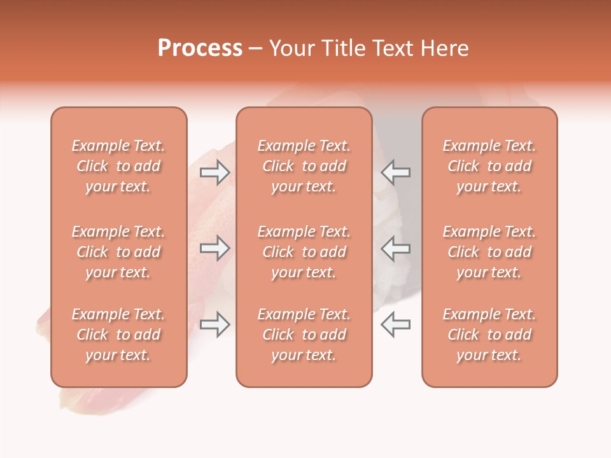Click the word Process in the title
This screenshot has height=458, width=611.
click(200, 48)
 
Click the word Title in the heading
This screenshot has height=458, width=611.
click(344, 48)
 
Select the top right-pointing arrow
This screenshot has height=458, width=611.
click(215, 172)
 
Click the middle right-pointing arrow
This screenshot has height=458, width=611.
click(215, 247)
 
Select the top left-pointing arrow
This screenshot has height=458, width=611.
click(395, 172)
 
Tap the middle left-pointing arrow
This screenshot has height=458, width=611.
click(395, 247)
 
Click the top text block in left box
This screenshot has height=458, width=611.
click(118, 166)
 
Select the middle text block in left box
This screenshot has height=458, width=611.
click(118, 252)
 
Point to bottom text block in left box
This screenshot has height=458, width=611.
click(118, 335)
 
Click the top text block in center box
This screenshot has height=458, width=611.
click(304, 166)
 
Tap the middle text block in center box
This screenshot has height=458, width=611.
click(304, 252)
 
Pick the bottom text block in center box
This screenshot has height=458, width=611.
click(304, 335)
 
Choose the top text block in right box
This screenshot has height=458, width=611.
click(489, 166)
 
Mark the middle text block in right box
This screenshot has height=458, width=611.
click(489, 252)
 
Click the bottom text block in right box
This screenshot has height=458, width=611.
click(489, 335)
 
